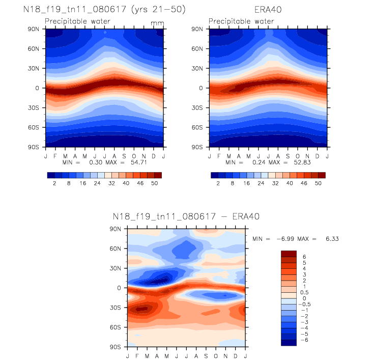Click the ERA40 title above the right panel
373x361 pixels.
point(268,9)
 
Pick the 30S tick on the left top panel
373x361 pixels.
point(36,107)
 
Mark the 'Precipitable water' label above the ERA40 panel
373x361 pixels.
point(241,21)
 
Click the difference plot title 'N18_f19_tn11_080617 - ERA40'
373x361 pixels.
point(186,216)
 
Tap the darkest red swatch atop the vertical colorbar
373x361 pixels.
point(289,253)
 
